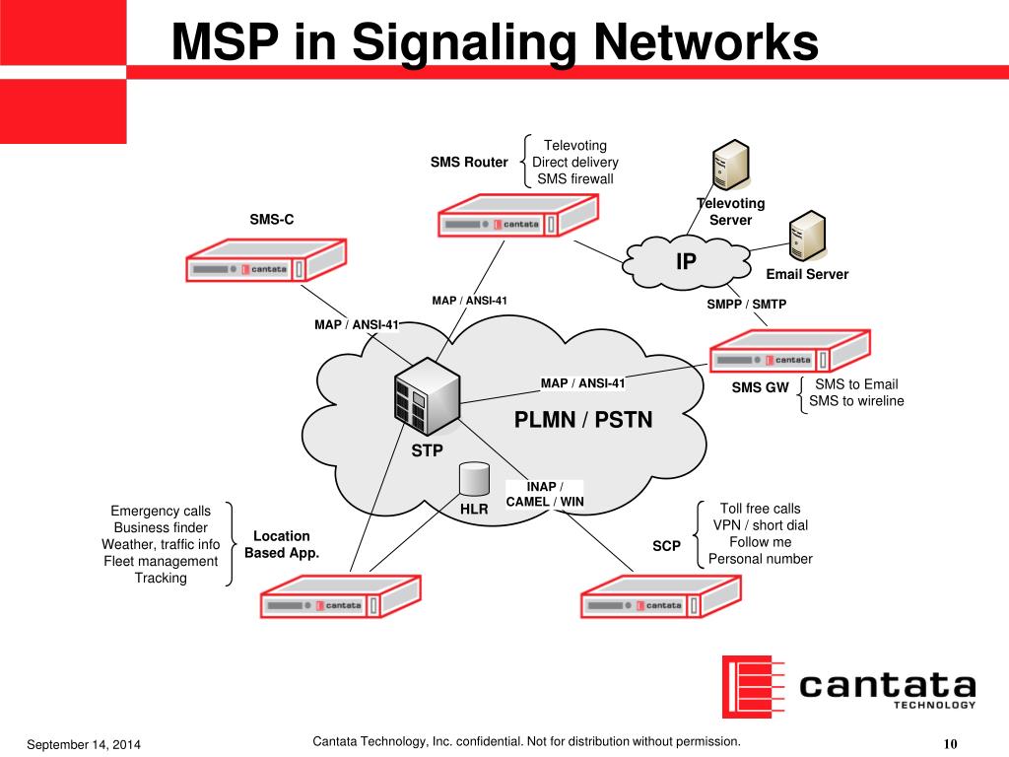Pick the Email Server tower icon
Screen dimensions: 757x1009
pos(808,237)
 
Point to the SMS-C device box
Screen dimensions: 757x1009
pos(265,261)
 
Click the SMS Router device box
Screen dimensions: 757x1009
pos(518,216)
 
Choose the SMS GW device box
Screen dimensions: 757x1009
pos(789,352)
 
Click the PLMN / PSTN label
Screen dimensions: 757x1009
pos(583,421)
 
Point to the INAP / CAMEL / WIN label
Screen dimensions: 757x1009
pos(545,494)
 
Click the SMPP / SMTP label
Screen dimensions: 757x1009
pos(747,305)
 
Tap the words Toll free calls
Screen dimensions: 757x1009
pos(760,509)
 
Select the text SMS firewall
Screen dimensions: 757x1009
pos(575,178)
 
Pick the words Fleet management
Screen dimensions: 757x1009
pos(161,561)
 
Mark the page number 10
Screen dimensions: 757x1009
pos(951,743)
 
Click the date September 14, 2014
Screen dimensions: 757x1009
pos(84,744)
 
